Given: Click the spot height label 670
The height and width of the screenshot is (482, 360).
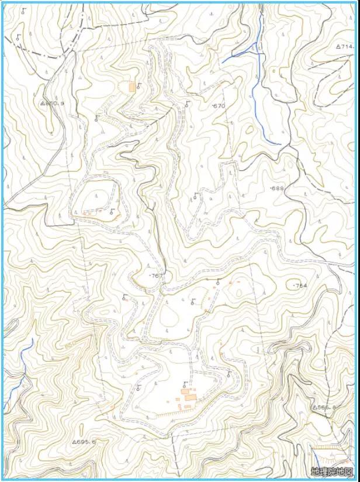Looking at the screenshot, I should click(x=219, y=106).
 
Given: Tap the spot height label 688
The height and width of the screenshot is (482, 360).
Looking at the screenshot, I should click(x=277, y=188).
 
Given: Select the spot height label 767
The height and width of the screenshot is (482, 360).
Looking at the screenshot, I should click(x=156, y=275).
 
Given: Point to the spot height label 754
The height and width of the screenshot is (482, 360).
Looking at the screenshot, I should click(x=300, y=285).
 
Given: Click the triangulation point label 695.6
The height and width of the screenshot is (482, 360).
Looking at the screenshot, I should click(x=84, y=442).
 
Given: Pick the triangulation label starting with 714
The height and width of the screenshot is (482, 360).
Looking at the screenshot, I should click(x=346, y=46).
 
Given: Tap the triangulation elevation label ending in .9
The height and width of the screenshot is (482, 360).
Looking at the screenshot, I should click(x=52, y=103).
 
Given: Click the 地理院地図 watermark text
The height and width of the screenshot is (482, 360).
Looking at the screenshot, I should click(x=332, y=471).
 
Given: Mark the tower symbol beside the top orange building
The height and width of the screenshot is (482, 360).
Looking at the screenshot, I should click(x=138, y=87).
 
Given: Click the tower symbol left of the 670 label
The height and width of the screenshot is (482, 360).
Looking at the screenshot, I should click(x=187, y=104).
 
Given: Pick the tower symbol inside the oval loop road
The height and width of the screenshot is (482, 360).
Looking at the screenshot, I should click(x=112, y=212).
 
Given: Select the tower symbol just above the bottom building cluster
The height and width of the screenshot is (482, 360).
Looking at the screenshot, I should click(x=184, y=385).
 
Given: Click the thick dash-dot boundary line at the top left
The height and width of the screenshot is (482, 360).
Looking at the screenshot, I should click(x=41, y=55).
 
